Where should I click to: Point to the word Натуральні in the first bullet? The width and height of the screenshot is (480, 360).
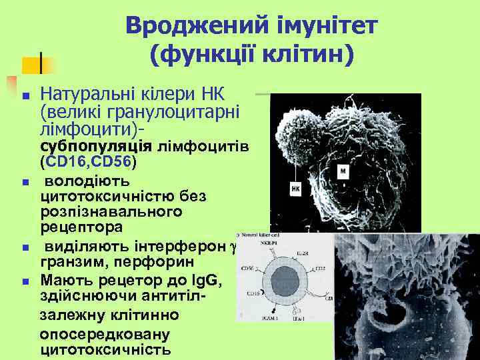click(x=85, y=95)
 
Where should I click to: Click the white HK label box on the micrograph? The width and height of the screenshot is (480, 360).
click(x=295, y=189)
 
